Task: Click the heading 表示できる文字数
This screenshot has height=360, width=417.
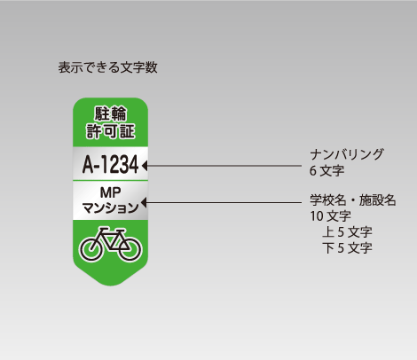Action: click(x=107, y=67)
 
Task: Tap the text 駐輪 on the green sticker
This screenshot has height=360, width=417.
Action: click(x=111, y=113)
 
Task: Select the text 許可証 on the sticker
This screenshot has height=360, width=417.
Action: click(x=111, y=131)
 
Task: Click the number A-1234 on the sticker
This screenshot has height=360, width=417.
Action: click(x=110, y=164)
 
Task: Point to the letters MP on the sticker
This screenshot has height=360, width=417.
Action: click(x=110, y=192)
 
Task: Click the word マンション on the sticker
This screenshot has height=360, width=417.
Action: click(x=110, y=207)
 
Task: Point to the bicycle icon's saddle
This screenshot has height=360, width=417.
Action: click(x=104, y=229)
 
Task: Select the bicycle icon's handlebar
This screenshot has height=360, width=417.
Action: click(x=120, y=231)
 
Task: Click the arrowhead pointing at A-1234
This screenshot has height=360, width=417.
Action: click(x=145, y=166)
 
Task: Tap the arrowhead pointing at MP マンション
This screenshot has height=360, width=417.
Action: click(x=145, y=203)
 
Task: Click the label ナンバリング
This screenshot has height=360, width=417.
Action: click(x=347, y=154)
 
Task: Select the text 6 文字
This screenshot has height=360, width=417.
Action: click(x=327, y=170)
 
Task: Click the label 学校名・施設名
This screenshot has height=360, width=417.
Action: click(x=353, y=200)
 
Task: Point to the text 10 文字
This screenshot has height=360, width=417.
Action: click(x=330, y=216)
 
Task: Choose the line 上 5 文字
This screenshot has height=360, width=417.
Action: click(x=347, y=232)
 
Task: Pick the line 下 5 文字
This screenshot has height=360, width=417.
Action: click(x=347, y=248)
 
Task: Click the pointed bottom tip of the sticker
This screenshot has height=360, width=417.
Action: click(x=110, y=286)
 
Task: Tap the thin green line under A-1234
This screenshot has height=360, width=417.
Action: click(x=110, y=180)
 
